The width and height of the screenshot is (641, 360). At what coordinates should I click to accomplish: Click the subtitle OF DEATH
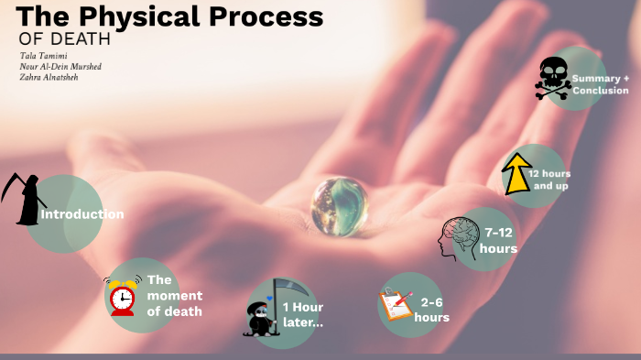(64, 39)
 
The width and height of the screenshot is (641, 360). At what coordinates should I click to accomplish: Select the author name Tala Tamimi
(43, 56)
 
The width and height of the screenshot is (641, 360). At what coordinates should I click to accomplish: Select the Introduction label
(82, 214)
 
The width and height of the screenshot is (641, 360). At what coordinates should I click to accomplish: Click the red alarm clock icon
(122, 296)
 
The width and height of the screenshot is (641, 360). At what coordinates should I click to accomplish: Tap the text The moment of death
(174, 295)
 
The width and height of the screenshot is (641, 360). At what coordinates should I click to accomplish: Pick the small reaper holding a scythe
(260, 312)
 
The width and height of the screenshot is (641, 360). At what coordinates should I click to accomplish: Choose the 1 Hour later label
(303, 314)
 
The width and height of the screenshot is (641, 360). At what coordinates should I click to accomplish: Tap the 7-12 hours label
(500, 242)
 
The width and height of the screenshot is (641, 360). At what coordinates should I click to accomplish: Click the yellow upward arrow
(517, 172)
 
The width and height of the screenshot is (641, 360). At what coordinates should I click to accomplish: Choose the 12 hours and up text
(550, 180)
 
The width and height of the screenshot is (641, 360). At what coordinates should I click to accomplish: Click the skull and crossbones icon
(553, 78)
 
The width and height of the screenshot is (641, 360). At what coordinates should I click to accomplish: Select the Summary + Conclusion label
(601, 84)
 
